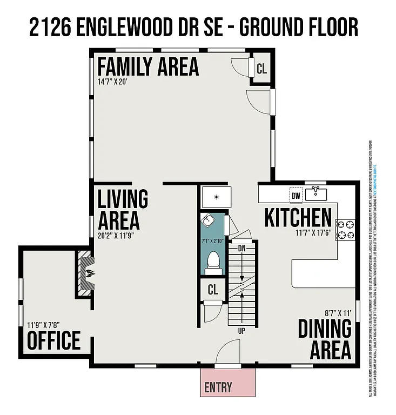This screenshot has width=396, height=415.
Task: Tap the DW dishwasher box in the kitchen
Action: [296, 196]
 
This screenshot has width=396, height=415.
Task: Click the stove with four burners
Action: [346, 230]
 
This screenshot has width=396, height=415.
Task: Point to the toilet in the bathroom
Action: [213, 261]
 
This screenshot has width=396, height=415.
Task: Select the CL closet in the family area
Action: [261, 69]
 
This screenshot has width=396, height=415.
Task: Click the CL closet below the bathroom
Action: [213, 290]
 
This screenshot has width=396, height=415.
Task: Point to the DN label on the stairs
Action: [241, 249]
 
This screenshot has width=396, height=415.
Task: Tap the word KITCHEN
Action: [298, 218]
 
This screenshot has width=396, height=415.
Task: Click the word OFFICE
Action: [53, 341]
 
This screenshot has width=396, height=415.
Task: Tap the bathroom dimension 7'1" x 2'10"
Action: [213, 240]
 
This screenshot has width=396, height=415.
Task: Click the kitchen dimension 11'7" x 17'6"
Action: [314, 233]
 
